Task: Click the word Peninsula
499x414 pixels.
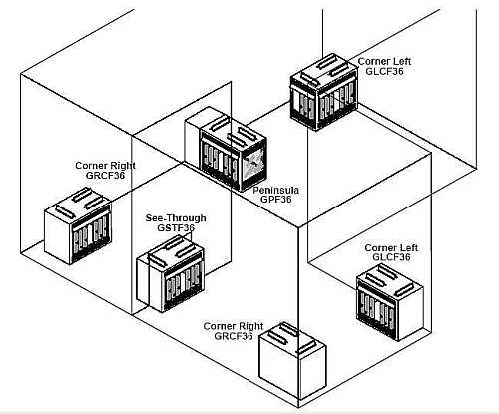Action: pos(275,191)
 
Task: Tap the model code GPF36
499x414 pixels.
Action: pos(275,200)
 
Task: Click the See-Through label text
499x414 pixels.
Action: pos(176,218)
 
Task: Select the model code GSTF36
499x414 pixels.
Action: pos(176,228)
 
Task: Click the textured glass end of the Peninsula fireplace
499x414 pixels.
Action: pos(254,165)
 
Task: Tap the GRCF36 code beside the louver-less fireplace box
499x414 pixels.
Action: pos(234,336)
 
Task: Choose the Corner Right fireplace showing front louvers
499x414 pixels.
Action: pos(78,226)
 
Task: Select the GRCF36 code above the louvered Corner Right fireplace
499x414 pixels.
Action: pos(105,175)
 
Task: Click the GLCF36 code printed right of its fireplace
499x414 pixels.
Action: pos(384,71)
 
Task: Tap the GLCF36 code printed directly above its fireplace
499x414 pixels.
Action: pos(391,257)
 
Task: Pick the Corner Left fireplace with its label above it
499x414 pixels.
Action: pos(389,302)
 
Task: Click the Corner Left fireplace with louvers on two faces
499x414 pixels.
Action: pos(324,92)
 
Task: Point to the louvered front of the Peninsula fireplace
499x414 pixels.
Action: pos(220,161)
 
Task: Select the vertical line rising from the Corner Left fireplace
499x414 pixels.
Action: pos(322,32)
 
